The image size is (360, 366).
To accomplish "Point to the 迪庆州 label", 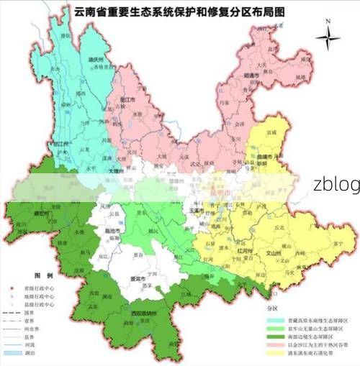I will (x=88, y=60).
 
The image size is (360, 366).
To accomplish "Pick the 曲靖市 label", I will (x=271, y=155).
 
